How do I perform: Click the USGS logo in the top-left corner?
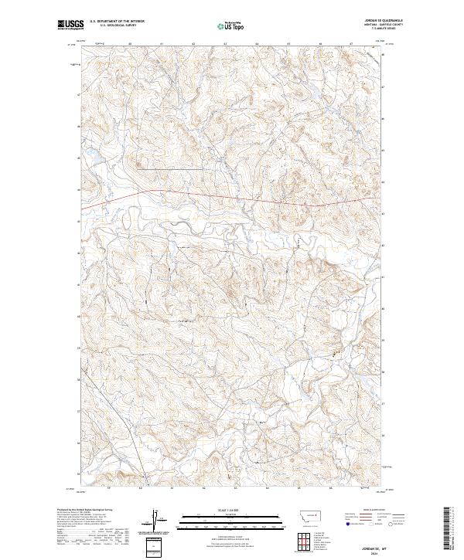70,25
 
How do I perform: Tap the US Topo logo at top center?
232,25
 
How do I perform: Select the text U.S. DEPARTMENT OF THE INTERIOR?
117,21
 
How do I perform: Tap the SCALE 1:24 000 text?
232,510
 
